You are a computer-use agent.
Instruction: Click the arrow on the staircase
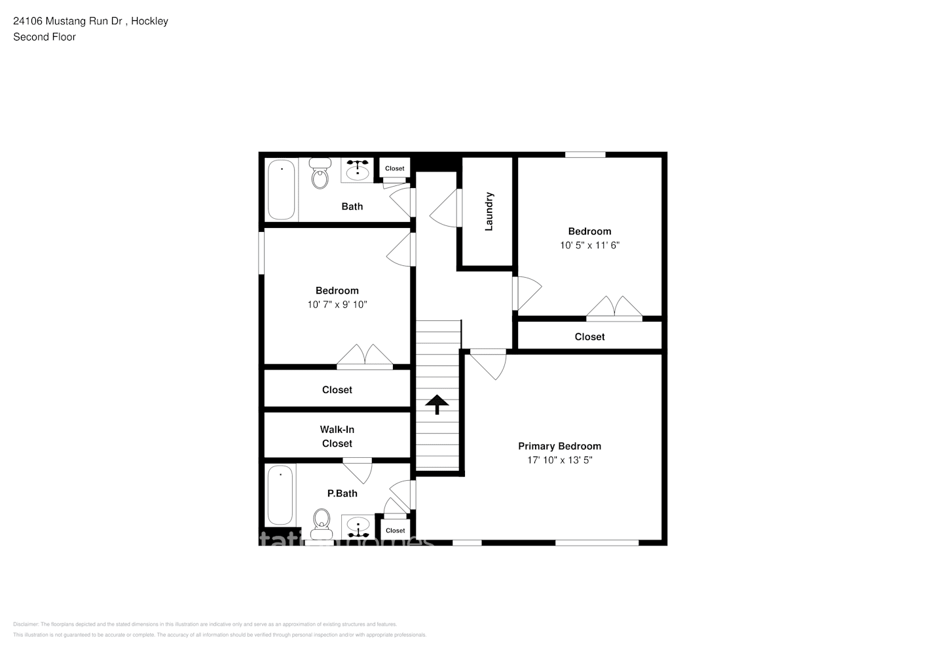(437, 405)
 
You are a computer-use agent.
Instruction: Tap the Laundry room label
(489, 212)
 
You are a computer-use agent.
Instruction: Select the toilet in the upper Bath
(320, 174)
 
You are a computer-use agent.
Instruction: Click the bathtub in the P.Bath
(280, 495)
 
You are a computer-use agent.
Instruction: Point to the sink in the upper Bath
(357, 170)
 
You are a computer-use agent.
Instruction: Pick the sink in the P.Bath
(358, 525)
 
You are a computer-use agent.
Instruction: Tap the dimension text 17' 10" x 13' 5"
(559, 460)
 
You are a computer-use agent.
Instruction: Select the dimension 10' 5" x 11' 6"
(589, 245)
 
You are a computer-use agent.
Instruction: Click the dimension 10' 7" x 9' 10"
(337, 305)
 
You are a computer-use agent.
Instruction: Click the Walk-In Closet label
(337, 436)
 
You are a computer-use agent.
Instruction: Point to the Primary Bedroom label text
(559, 446)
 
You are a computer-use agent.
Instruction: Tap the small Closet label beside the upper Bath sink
(395, 168)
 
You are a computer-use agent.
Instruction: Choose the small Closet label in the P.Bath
(396, 531)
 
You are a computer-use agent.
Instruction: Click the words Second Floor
(45, 37)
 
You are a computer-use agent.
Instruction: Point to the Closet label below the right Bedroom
(589, 337)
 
